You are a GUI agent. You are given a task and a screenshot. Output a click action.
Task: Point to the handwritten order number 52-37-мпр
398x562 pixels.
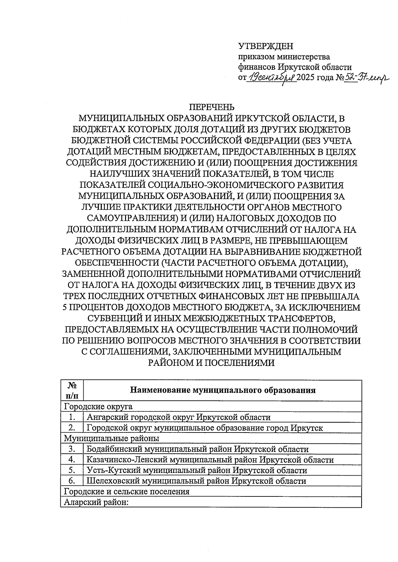[366, 78]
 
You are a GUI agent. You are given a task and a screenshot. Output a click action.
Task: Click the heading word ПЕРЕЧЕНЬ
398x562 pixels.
[211, 107]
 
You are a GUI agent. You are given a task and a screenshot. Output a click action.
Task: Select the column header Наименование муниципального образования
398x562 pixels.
[222, 390]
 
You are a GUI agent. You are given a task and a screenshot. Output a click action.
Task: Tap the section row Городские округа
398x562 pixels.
[98, 406]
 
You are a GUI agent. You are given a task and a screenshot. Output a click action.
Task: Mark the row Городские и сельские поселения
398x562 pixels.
[127, 491]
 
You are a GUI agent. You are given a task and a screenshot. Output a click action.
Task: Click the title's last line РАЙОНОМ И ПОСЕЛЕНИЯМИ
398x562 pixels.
[211, 363]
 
